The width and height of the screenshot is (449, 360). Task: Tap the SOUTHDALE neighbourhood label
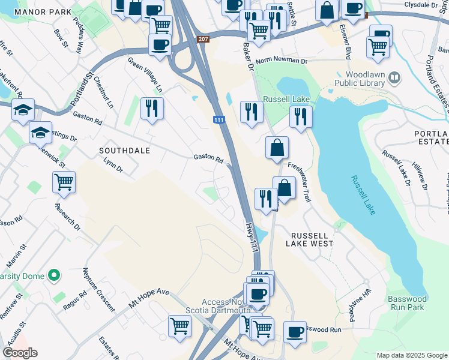click(125, 150)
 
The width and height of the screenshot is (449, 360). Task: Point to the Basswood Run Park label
click(406, 303)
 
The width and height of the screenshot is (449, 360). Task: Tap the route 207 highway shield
click(204, 38)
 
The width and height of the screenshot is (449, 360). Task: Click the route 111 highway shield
click(220, 121)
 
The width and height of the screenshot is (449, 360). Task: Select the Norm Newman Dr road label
click(281, 62)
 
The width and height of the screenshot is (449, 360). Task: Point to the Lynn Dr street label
click(113, 166)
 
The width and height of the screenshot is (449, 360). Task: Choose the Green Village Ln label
click(145, 75)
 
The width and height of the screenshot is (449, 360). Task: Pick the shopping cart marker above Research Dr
click(64, 181)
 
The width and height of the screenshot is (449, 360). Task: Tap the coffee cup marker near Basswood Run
click(294, 332)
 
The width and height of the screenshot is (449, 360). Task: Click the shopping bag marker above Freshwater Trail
click(277, 148)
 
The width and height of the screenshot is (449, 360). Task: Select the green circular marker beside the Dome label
click(54, 275)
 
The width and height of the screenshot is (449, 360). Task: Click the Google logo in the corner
click(20, 353)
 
